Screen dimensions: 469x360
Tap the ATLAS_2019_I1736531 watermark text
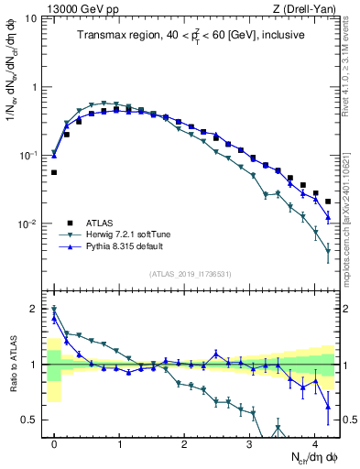pos(191,273)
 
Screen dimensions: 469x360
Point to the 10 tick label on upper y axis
pos(29,19)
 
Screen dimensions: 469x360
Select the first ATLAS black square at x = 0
pos(54,172)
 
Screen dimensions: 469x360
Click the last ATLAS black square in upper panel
pos(328,202)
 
